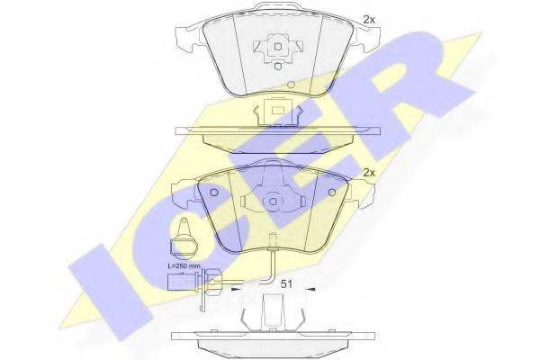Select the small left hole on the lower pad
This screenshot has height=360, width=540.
pyautogui.click(x=213, y=191)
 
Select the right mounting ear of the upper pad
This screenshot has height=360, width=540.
pyautogui.click(x=366, y=38)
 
